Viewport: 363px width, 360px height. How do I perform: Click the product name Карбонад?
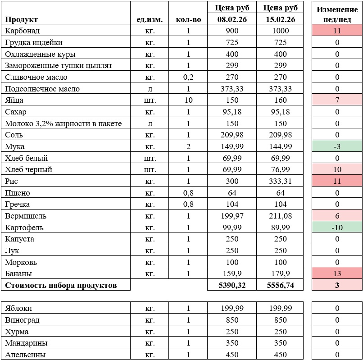tap(23, 31)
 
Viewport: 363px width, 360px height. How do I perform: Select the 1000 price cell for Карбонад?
tap(280, 31)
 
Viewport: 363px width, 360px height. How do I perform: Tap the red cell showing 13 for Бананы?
tap(337, 273)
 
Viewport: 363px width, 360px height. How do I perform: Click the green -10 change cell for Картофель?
tap(337, 228)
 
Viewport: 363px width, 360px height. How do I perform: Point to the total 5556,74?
tap(280, 285)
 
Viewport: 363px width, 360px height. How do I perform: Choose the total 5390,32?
tap(231, 285)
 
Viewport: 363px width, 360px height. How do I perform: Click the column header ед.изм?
tap(150, 19)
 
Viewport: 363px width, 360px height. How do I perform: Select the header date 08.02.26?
tap(231, 19)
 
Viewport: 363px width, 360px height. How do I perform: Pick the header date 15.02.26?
tap(280, 19)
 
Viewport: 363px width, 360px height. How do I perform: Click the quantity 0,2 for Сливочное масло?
tap(188, 77)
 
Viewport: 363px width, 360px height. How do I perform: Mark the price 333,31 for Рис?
tap(280, 181)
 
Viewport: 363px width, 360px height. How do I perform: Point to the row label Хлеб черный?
tap(29, 170)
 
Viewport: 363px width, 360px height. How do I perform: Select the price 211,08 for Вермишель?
tap(280, 216)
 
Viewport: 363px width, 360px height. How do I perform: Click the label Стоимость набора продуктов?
tap(61, 285)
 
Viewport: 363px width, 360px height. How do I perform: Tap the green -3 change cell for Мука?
tap(337, 146)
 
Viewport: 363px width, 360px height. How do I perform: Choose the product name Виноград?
tap(23, 320)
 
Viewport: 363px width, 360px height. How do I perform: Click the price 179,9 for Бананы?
tap(280, 273)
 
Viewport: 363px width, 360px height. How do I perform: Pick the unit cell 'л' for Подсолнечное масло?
tap(150, 89)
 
